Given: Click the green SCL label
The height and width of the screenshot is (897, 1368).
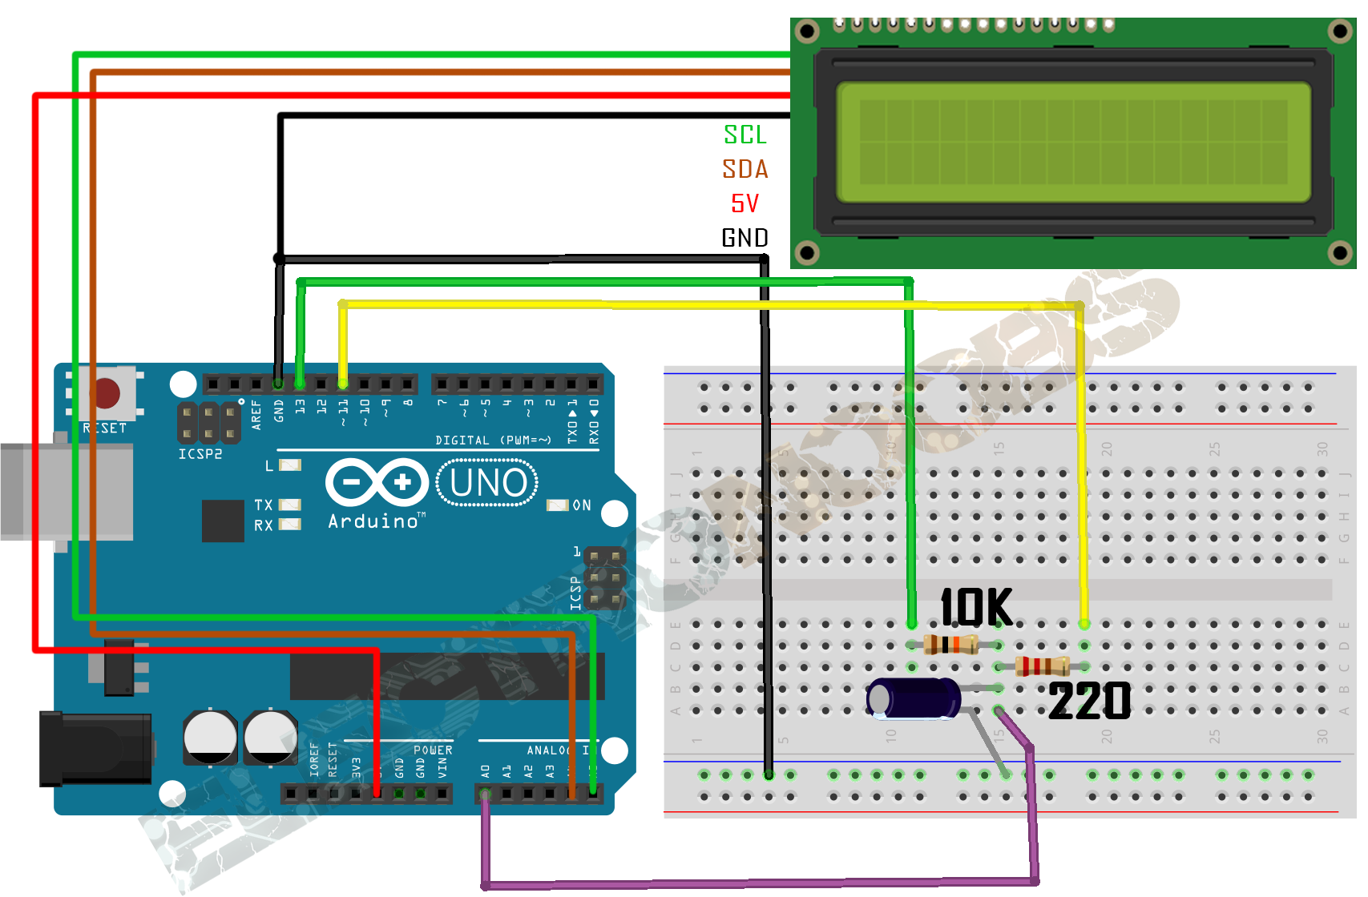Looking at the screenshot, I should coord(745,135).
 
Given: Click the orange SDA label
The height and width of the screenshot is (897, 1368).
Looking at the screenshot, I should coord(745,169).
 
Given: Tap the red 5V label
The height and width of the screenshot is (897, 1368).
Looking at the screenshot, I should coord(745,203).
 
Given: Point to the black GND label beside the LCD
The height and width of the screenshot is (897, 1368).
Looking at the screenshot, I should coord(745,238).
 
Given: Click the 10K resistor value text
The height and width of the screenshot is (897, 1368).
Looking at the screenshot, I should coord(976,607).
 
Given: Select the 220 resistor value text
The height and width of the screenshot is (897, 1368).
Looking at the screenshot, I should coord(1090,702).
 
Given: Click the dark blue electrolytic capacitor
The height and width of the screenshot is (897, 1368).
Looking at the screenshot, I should coord(914,698).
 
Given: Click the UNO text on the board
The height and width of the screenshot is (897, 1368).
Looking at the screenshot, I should coord(488,483).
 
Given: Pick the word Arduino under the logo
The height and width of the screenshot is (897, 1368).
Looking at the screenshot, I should coord(373,521).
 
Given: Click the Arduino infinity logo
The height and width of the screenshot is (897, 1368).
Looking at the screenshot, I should coord(377,482).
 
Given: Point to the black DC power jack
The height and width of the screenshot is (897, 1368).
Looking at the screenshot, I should coord(95,749).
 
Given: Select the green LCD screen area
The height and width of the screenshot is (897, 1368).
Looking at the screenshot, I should coord(1073,142).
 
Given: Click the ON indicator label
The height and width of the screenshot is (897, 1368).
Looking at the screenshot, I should coord(582,505).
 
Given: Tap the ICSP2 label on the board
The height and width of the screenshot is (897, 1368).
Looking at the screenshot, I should coord(200,454).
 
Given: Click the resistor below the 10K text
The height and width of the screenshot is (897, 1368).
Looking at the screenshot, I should coord(951,644).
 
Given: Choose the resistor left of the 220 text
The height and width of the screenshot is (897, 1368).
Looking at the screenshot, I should coord(1042,666).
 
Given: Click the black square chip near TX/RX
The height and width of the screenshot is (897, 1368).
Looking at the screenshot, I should coord(223,521).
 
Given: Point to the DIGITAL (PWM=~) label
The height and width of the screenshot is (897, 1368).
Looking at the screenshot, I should coord(493,440).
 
